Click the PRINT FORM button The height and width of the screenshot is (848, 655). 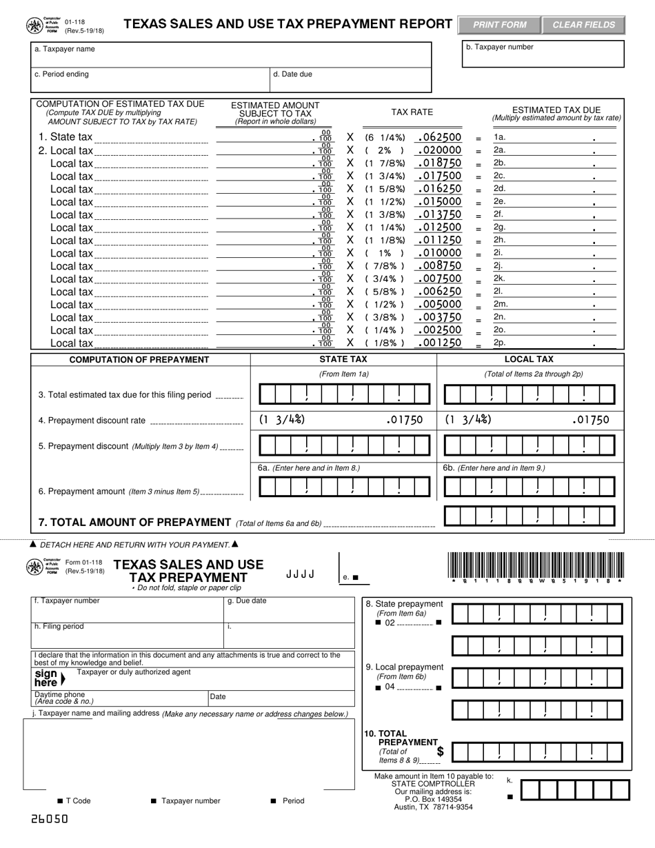point(499,25)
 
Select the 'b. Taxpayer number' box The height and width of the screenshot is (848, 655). point(543,54)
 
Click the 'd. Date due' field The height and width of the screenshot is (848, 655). point(350,79)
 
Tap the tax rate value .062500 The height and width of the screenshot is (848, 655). point(439,137)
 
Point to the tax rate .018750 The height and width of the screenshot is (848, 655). point(439,163)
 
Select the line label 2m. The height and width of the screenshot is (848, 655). point(501,304)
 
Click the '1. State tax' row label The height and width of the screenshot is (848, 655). point(65,137)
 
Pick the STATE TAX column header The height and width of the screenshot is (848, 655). point(343,359)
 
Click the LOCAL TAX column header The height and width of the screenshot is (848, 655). point(529,359)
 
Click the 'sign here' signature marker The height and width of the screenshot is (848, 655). point(48,678)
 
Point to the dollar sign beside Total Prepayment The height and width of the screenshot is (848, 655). point(440,751)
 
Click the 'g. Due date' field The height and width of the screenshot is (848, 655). point(290,610)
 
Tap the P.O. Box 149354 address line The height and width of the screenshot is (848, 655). point(433,799)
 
